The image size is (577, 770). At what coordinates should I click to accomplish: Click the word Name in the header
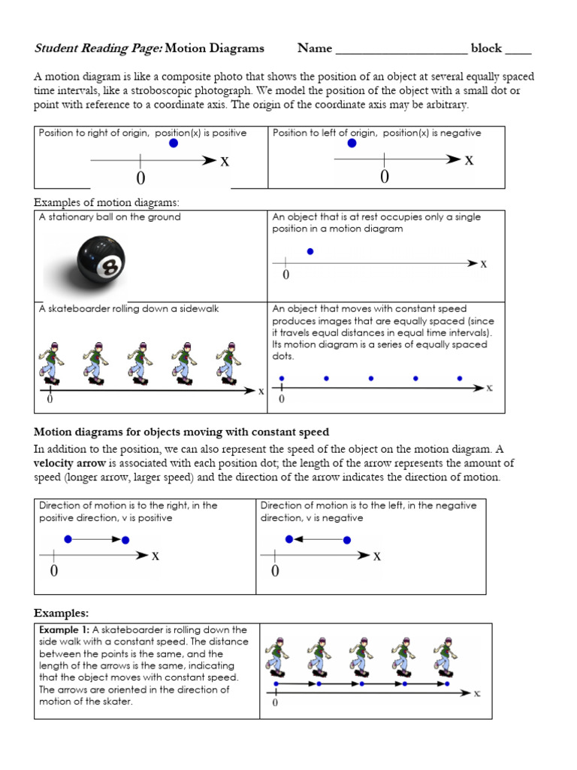coord(314,49)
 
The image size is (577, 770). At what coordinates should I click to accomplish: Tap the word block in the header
coord(485,49)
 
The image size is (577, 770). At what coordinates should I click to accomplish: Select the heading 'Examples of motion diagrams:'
coord(107,203)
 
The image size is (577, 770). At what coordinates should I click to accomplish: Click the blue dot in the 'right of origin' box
coord(174,144)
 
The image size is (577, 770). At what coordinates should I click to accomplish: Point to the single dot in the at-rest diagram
coord(310,252)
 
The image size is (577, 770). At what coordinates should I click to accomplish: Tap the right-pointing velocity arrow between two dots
coord(97,539)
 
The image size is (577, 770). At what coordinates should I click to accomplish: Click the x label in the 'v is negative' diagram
coord(377,556)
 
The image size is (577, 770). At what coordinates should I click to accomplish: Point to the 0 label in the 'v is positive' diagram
coord(54,571)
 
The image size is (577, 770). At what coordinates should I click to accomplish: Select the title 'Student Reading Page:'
coord(98,49)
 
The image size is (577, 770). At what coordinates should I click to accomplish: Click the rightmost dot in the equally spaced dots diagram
coord(460,378)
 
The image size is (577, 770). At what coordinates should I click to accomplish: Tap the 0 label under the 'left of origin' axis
coord(385,177)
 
